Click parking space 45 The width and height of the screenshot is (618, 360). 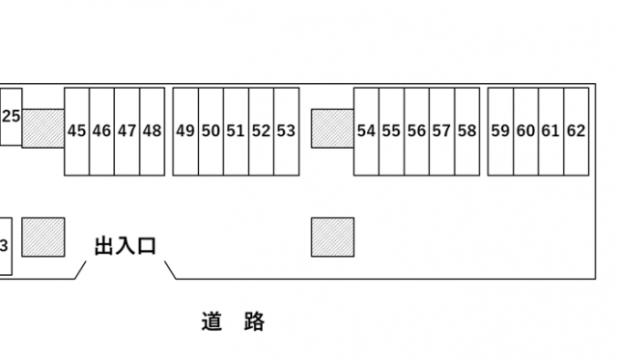(77, 131)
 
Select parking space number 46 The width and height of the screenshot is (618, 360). (102, 131)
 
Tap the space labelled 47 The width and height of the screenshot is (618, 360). (127, 131)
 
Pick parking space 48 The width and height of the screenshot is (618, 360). (153, 131)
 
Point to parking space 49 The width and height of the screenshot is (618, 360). (185, 131)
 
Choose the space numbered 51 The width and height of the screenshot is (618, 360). (236, 131)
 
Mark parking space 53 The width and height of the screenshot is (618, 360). (286, 131)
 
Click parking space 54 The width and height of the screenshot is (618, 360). (366, 131)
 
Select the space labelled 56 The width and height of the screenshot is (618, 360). (416, 131)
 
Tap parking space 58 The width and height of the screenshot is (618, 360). (466, 131)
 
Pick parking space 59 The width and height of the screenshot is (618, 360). (500, 131)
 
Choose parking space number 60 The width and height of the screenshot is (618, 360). (525, 131)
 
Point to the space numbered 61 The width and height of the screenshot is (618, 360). (550, 131)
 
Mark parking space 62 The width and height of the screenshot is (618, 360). (576, 131)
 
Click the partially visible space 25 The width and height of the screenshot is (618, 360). (11, 117)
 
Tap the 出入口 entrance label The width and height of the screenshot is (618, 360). (125, 247)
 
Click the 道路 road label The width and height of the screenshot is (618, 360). (234, 322)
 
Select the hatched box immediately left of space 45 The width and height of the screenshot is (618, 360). (42, 128)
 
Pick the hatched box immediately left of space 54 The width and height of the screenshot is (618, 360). (332, 128)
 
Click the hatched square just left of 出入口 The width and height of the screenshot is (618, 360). (42, 237)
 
